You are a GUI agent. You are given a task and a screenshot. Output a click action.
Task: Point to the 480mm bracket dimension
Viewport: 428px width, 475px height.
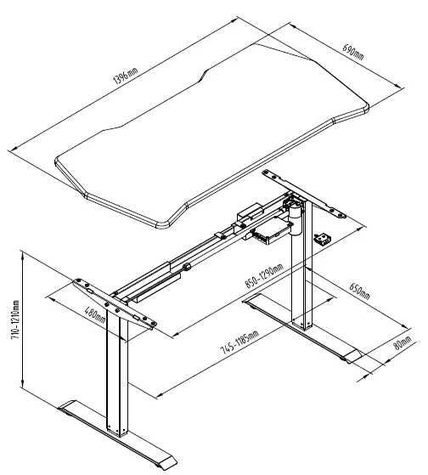95,316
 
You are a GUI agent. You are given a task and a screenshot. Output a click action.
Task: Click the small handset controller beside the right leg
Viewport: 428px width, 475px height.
322,240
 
